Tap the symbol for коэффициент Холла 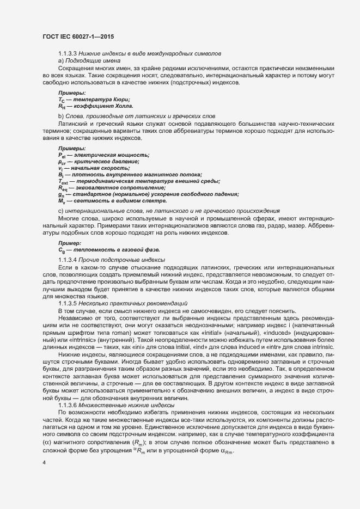62,107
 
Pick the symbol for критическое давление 62,162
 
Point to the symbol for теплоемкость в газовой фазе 62,249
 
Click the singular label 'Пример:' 70,243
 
